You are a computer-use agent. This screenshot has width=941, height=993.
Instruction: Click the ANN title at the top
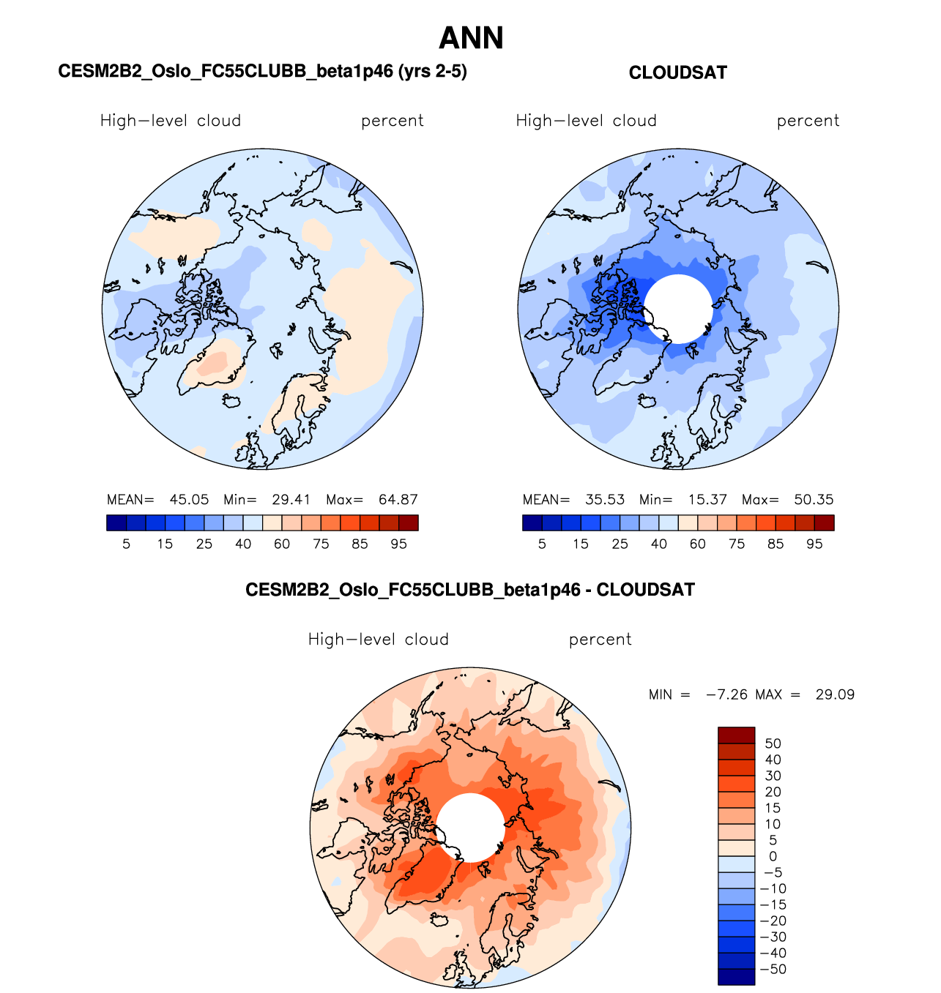coord(471,38)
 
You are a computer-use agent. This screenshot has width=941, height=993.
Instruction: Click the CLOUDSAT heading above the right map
coord(677,72)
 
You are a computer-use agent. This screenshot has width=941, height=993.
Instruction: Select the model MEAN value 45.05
coord(189,500)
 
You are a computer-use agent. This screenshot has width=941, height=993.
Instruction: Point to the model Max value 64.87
coord(398,500)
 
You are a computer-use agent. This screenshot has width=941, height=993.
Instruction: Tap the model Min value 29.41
coord(291,500)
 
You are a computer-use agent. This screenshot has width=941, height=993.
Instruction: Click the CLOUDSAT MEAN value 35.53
coord(605,500)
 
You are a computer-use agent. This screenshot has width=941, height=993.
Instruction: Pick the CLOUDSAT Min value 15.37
coord(707,500)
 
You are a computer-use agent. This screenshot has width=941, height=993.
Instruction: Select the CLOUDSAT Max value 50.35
coord(814,500)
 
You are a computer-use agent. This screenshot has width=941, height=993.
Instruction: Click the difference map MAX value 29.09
coord(835,694)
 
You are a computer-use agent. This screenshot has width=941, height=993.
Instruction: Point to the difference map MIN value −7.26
coord(726,694)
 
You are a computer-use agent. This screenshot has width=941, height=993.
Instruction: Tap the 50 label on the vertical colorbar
coord(773,743)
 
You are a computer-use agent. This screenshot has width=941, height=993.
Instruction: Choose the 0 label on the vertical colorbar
coord(773,856)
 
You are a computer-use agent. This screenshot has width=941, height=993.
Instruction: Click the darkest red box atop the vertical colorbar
coord(736,735)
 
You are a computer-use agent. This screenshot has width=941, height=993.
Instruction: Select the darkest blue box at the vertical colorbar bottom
coord(736,977)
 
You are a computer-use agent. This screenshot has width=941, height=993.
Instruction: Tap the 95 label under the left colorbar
coord(398,544)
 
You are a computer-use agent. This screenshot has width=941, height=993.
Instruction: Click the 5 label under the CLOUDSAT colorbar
coord(542,544)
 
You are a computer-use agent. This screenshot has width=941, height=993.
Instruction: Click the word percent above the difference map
coord(600,640)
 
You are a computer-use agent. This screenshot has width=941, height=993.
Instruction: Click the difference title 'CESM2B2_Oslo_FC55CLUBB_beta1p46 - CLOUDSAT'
coord(469,590)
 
